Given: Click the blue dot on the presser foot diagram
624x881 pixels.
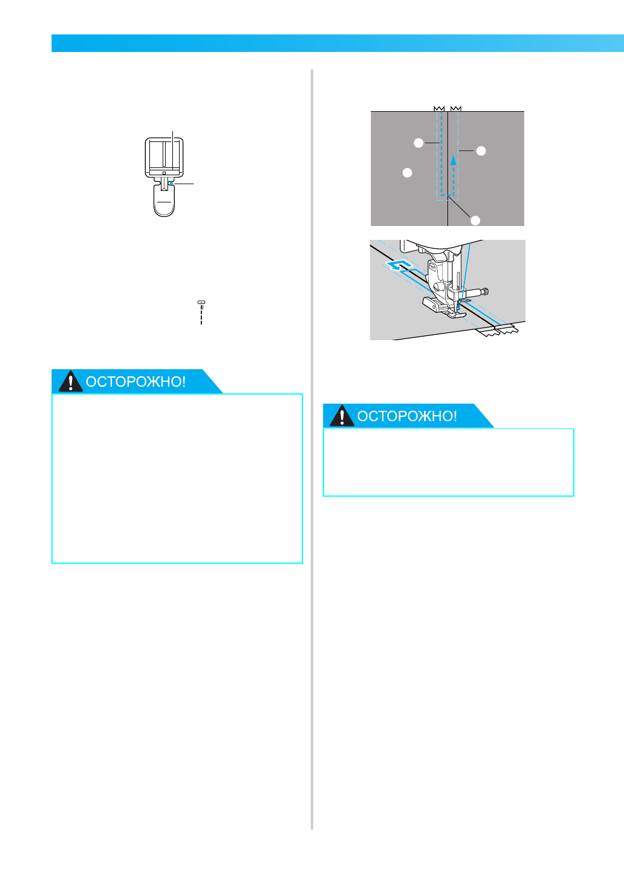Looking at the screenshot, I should tap(171, 180).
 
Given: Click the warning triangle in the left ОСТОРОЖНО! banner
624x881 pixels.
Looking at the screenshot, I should tap(71, 382).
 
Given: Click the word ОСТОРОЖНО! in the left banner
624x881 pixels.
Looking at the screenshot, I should tap(135, 382).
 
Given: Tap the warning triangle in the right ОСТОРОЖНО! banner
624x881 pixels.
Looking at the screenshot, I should tap(342, 416).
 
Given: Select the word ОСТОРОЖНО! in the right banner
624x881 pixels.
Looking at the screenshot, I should tap(407, 416).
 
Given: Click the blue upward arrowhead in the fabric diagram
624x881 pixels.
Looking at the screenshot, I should tap(453, 160).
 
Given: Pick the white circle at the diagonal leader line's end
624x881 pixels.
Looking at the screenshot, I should tap(475, 220).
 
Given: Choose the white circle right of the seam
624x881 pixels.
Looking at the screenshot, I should tap(481, 150).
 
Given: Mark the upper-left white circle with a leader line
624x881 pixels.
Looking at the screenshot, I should tap(418, 143).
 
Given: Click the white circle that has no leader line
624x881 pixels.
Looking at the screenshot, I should tap(408, 173).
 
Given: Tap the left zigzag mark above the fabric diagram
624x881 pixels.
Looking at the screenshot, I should tap(440, 109).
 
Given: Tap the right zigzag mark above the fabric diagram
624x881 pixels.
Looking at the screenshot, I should tap(456, 109).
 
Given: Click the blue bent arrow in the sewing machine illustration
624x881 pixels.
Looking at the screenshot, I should tap(400, 266).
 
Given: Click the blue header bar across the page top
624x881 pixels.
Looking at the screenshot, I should tap(337, 44).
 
